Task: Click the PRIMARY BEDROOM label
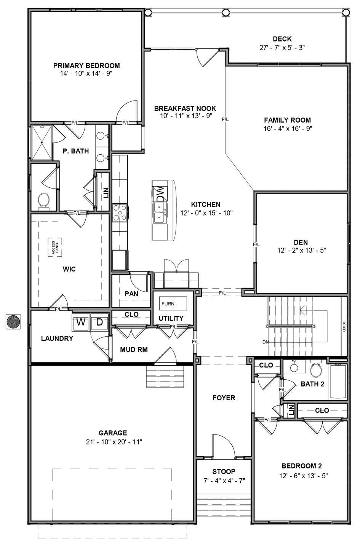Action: [x=86, y=66]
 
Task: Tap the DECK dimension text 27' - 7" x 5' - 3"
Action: [x=282, y=48]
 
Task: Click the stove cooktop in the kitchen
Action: [x=120, y=212]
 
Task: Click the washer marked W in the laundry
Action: [x=81, y=322]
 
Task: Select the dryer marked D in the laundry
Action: [x=99, y=322]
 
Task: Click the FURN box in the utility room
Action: [x=173, y=304]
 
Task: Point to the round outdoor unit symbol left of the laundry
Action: [x=13, y=321]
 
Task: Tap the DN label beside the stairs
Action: [x=266, y=342]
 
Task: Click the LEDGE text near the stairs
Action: [x=344, y=326]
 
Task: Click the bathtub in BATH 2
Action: [x=338, y=382]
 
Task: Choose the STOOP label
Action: [x=224, y=471]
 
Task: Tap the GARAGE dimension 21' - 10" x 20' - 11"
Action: [x=114, y=442]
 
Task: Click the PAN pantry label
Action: [x=131, y=294]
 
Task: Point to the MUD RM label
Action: [x=134, y=350]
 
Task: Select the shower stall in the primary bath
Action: [x=42, y=142]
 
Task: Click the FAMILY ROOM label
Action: [x=288, y=120]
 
